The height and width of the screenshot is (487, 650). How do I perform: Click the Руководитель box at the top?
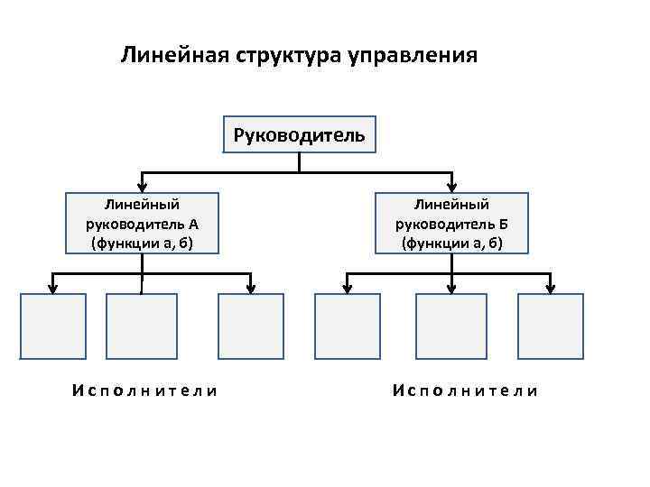[299, 135]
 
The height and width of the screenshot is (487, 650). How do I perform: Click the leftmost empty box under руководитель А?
[53, 326]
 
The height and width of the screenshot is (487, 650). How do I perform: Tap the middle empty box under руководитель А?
[141, 326]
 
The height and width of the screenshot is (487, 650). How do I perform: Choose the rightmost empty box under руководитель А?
[250, 326]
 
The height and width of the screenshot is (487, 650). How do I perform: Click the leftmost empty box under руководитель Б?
[347, 326]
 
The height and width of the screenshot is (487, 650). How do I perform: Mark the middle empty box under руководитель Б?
[449, 326]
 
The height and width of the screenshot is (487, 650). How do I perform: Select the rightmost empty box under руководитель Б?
[550, 326]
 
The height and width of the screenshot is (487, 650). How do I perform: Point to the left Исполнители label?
[144, 391]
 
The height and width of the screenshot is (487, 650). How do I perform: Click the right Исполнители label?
[466, 391]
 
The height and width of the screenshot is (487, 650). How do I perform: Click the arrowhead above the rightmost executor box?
[550, 287]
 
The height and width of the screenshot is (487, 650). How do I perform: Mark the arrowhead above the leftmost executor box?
[53, 287]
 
